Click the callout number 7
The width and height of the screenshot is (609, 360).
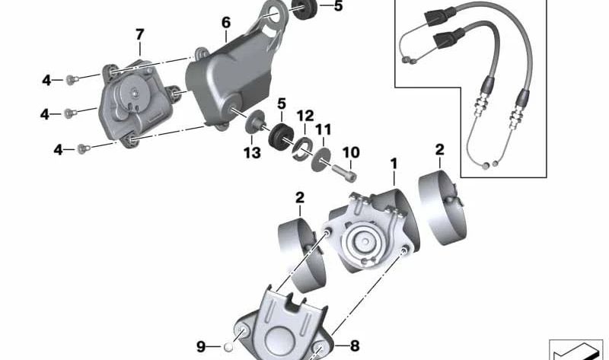tap(139, 34)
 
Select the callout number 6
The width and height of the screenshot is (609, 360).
tap(226, 23)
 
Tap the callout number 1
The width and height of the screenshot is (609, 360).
tap(394, 163)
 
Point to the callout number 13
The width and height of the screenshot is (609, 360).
tap(252, 153)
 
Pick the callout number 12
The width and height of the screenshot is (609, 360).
tap(305, 116)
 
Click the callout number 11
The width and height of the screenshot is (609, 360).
tap(324, 130)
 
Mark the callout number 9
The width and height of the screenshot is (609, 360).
tap(201, 347)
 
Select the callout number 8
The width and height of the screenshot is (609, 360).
tap(354, 347)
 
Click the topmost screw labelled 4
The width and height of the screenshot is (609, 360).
tap(70, 78)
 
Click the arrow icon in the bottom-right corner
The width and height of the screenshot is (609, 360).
tap(576, 350)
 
